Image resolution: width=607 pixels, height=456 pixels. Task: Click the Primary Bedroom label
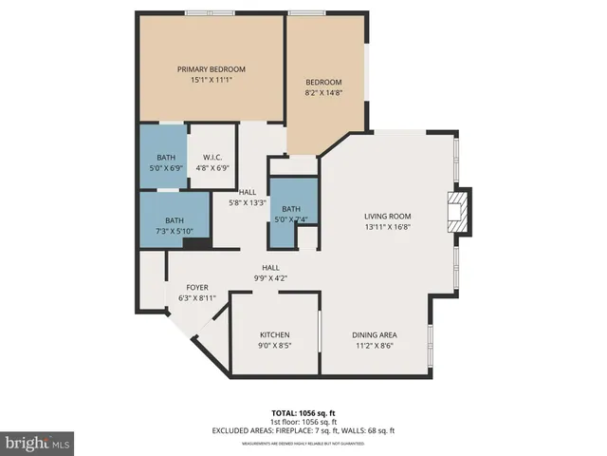click(212, 69)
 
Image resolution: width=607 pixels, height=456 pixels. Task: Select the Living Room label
click(391, 216)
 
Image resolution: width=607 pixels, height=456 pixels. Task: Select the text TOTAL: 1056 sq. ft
click(303, 413)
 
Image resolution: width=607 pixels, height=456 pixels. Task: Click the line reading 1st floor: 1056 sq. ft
click(303, 422)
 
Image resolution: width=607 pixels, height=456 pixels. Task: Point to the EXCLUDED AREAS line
click(303, 430)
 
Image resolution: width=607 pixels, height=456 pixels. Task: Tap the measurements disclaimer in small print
click(303, 443)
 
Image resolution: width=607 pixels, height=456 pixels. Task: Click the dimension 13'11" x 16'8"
click(391, 227)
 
